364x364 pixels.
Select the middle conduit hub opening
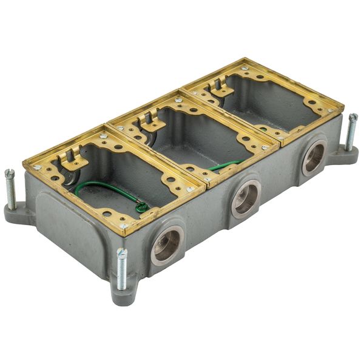pos(245,198)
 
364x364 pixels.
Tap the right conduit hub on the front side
pos(314,157)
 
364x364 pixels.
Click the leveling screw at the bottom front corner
pos(122,270)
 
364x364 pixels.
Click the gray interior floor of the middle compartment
pos(194,146)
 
